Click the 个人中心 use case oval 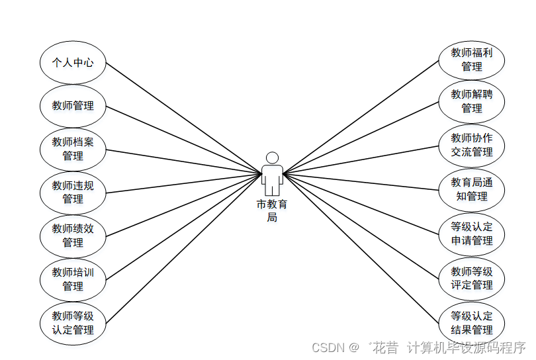(73, 64)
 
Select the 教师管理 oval (73, 106)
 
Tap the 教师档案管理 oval (73, 149)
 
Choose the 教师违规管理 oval (73, 193)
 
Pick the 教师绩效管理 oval (73, 236)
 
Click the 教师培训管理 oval (73, 279)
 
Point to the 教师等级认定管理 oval (73, 322)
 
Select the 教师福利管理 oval (472, 60)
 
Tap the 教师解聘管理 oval (472, 101)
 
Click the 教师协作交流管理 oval (472, 145)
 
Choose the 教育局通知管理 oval (472, 189)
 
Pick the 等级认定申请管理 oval (472, 234)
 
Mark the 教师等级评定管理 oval (472, 278)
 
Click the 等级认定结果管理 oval (472, 323)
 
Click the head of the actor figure (272, 157)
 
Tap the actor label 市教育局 (272, 211)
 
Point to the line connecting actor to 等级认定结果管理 (361, 247)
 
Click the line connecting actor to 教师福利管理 (361, 117)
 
